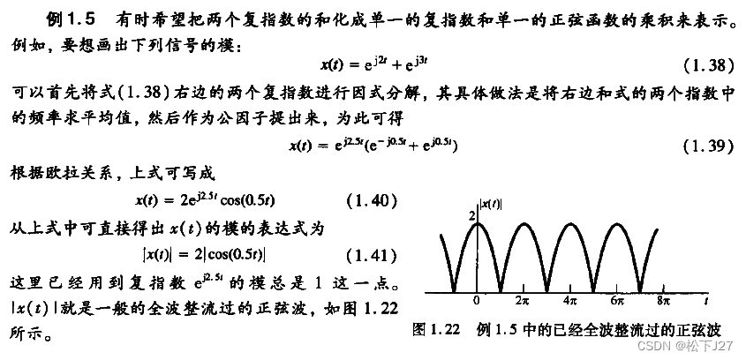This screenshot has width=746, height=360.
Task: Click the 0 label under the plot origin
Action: (476, 301)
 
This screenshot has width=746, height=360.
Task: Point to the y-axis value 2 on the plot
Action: (471, 216)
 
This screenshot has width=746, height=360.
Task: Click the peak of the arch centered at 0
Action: (477, 223)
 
